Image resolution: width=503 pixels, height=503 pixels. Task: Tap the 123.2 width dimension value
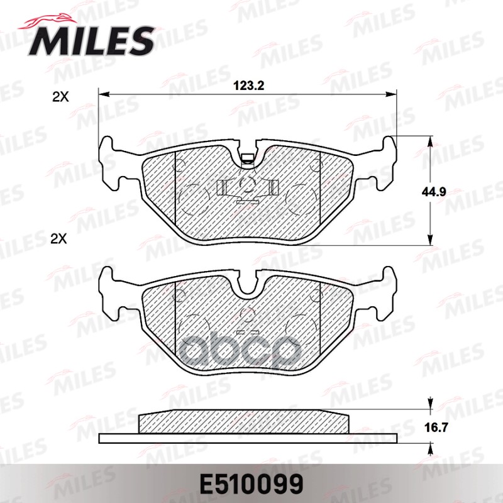pos(248,86)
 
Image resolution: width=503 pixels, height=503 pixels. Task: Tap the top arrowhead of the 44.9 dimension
pos(430,142)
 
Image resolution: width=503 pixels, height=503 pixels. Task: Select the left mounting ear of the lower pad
pos(111,290)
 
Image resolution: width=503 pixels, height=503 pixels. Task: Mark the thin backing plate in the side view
pos(248,438)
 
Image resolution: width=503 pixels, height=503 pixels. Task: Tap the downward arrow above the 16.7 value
pos(430,404)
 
